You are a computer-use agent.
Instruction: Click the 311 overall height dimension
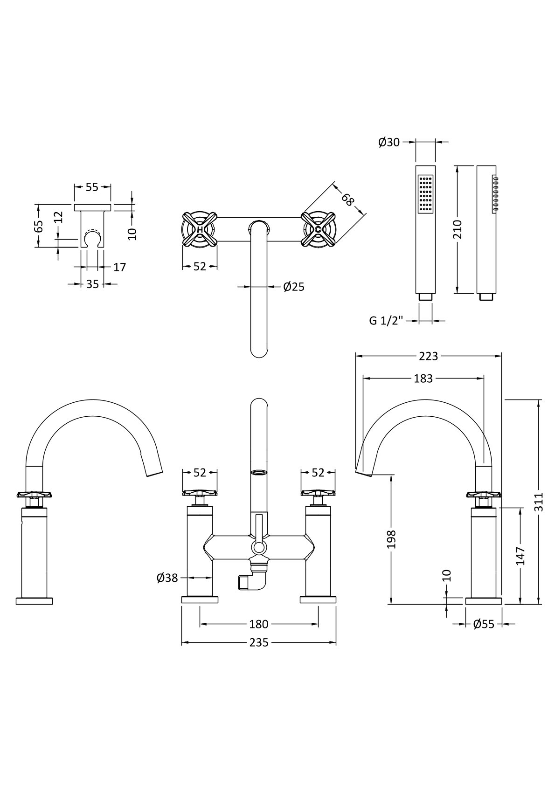(x=539, y=502)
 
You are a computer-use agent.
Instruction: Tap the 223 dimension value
(x=429, y=356)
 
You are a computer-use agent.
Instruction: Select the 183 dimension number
(x=423, y=379)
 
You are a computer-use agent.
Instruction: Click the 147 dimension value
(x=520, y=556)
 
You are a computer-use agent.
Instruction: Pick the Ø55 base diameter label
(x=484, y=624)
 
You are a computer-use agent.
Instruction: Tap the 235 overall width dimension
(x=259, y=642)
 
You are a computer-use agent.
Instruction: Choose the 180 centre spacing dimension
(x=259, y=624)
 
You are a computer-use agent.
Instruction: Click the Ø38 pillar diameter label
(x=167, y=578)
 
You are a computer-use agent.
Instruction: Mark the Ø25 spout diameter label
(x=294, y=287)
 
